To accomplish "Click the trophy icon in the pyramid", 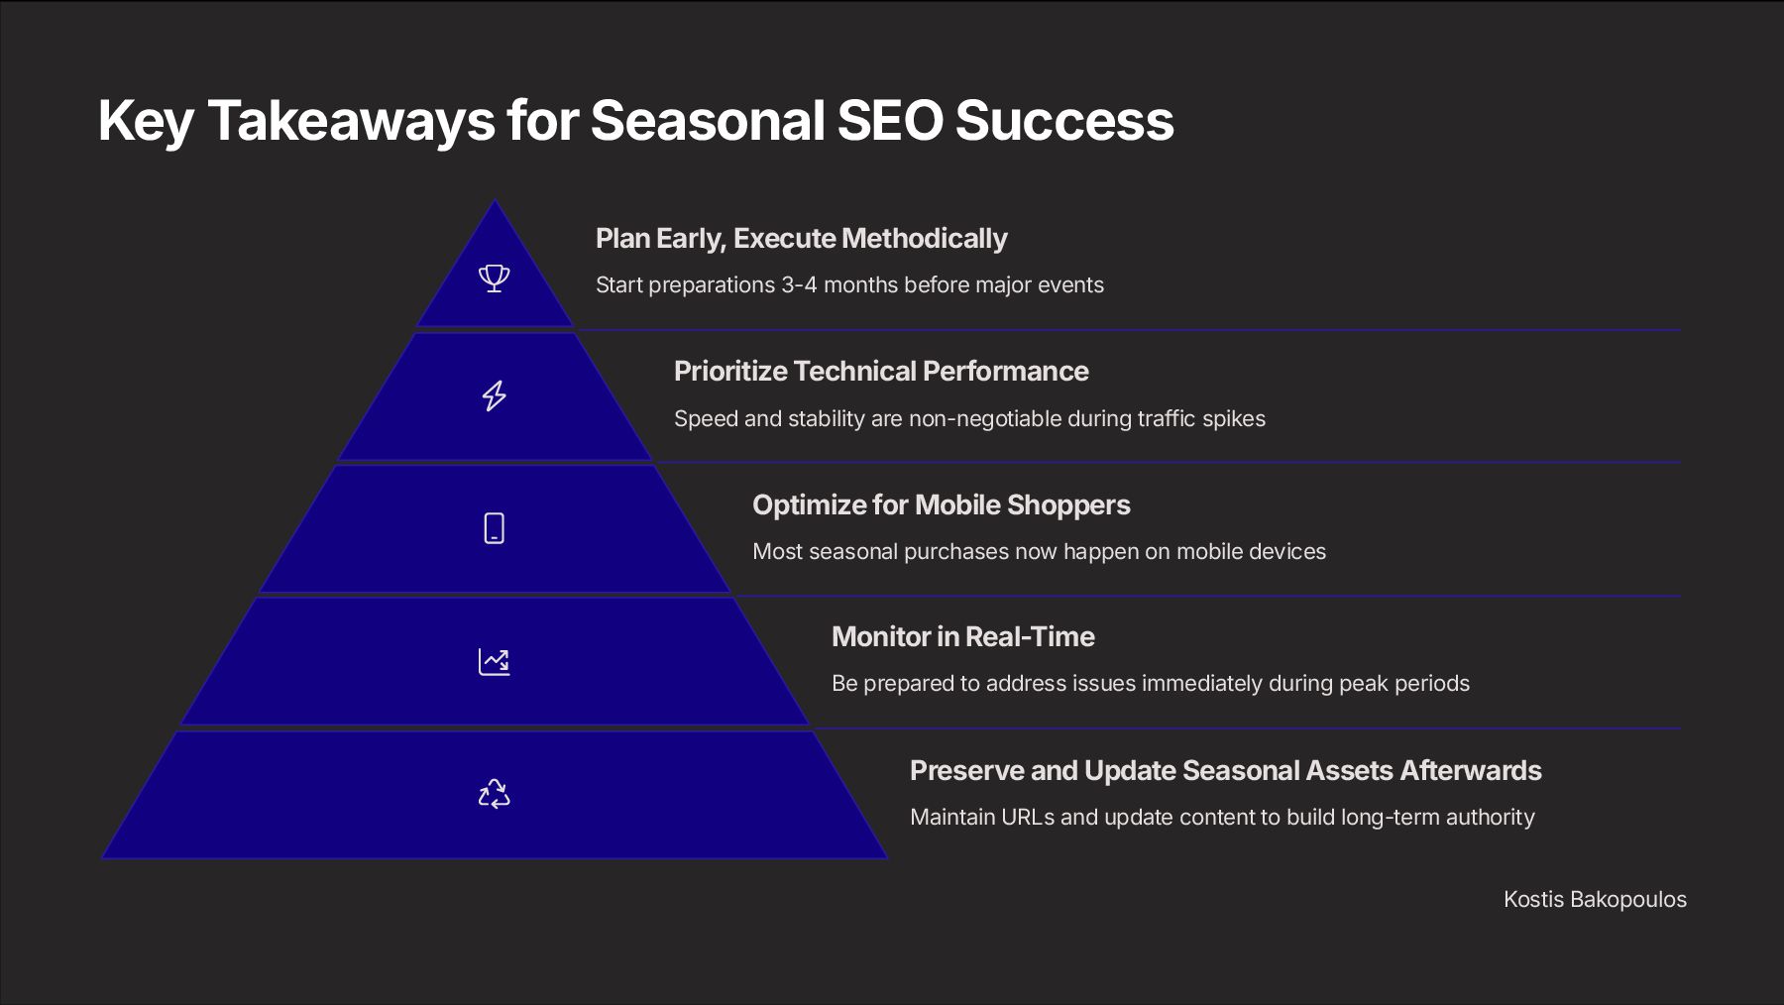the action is pos(494,278).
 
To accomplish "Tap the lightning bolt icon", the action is pos(494,395).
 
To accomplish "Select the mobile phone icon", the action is pos(494,528).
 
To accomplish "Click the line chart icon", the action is pos(494,661).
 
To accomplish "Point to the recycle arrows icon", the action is pos(494,794).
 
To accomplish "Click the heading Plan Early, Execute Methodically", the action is pos(801,239).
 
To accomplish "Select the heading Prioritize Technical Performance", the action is pos(881,372).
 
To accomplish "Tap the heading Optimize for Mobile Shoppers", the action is pos(941,505).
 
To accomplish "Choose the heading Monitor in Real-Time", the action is pos(962,637).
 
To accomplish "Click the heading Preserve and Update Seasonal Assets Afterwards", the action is pos(1225,771).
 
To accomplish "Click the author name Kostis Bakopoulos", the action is pos(1595,900).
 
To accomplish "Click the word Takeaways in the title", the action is pos(351,121).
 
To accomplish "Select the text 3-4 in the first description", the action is pos(799,285).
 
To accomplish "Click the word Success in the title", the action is pos(1063,121).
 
